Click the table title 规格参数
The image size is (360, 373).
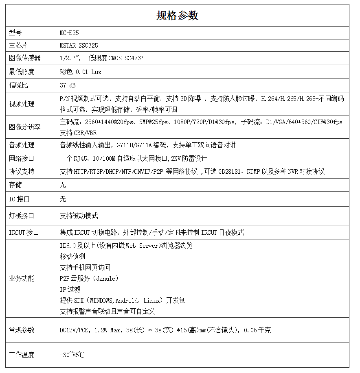tap(177, 15)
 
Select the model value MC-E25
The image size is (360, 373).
tap(69, 33)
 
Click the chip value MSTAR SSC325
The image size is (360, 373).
tap(79, 46)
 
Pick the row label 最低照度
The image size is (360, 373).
tap(22, 72)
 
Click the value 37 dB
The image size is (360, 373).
tap(68, 85)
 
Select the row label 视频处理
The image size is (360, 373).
tap(22, 104)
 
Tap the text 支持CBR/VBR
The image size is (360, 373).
tap(78, 133)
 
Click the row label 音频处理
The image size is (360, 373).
tap(22, 145)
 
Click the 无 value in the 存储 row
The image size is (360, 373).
tap(63, 185)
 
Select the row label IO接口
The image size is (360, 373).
tap(19, 199)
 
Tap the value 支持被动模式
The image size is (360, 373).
tap(79, 216)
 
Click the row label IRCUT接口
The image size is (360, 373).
tap(24, 233)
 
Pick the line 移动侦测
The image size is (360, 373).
tap(72, 257)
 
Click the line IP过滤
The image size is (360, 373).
tap(70, 290)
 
